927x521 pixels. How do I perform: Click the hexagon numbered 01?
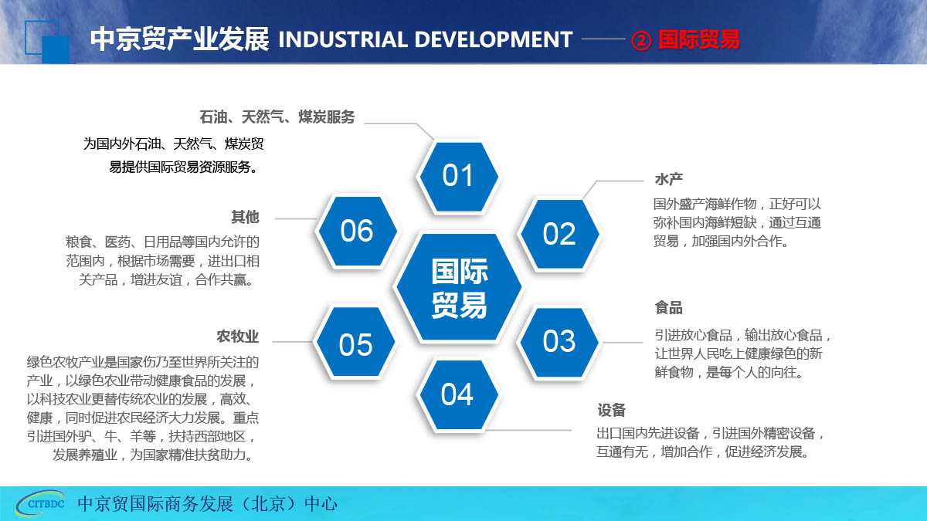[x=458, y=176]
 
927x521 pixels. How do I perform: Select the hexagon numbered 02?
[x=559, y=234]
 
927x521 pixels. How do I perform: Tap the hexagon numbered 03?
[x=559, y=342]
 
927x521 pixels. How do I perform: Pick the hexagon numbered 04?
[x=458, y=394]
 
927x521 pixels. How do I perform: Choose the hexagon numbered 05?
[x=355, y=342]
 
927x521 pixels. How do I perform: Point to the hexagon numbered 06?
[x=357, y=231]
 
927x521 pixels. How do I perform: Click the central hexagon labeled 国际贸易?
[x=459, y=287]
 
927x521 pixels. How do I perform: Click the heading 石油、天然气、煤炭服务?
[x=277, y=117]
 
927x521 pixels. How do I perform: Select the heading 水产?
[x=668, y=179]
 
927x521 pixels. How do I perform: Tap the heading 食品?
[x=668, y=308]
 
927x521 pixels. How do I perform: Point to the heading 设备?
[x=611, y=410]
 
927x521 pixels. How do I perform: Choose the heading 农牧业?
[x=238, y=337]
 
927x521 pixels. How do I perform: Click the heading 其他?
[x=245, y=217]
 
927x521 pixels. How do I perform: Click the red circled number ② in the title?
[x=641, y=40]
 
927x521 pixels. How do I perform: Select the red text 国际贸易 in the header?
[x=698, y=39]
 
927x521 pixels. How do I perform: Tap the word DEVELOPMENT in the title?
[x=494, y=39]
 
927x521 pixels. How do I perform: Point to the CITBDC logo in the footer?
[x=42, y=503]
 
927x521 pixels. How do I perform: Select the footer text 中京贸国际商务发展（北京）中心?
[x=207, y=503]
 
